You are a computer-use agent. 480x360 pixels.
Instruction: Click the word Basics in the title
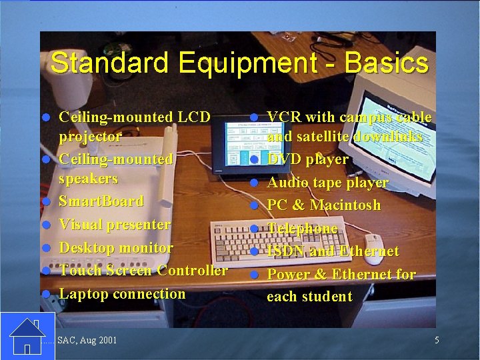[387, 63]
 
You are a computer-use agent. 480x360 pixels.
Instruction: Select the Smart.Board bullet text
[101, 201]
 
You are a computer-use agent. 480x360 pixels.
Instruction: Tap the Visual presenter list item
[115, 225]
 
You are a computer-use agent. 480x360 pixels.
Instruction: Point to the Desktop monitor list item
[116, 247]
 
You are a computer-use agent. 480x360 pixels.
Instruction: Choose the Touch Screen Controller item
[143, 271]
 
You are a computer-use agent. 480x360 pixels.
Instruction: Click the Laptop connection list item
[122, 293]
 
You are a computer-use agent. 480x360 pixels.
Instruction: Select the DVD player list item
[307, 159]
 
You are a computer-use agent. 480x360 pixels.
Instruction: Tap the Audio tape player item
[327, 183]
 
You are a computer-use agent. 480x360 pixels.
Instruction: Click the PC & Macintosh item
[324, 205]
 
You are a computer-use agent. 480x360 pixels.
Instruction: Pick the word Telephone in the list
[303, 229]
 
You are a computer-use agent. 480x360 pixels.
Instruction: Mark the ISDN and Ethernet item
[333, 251]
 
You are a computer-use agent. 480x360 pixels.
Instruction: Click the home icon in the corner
[27, 336]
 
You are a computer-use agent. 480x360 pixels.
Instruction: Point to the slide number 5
[437, 341]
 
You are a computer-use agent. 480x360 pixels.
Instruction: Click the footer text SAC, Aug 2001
[87, 341]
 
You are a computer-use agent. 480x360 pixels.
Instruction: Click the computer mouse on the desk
[373, 248]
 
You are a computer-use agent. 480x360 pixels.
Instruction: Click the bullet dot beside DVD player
[254, 160]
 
